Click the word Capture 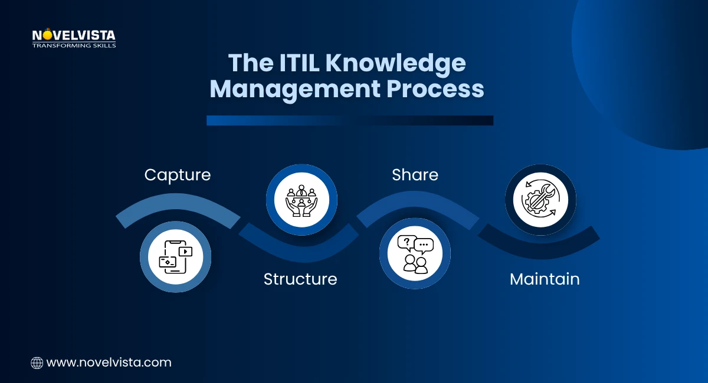(x=178, y=175)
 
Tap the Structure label (x=300, y=279)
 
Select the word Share (x=415, y=175)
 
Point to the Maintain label (x=545, y=279)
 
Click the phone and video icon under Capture (x=175, y=257)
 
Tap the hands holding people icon (x=301, y=200)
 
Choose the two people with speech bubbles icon (x=415, y=254)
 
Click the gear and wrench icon (x=540, y=200)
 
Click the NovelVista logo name (x=74, y=35)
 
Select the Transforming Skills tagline (x=74, y=45)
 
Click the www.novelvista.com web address (x=109, y=362)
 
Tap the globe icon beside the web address (x=37, y=363)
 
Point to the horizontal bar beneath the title (x=349, y=120)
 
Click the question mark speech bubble (x=406, y=242)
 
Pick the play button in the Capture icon (x=186, y=251)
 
